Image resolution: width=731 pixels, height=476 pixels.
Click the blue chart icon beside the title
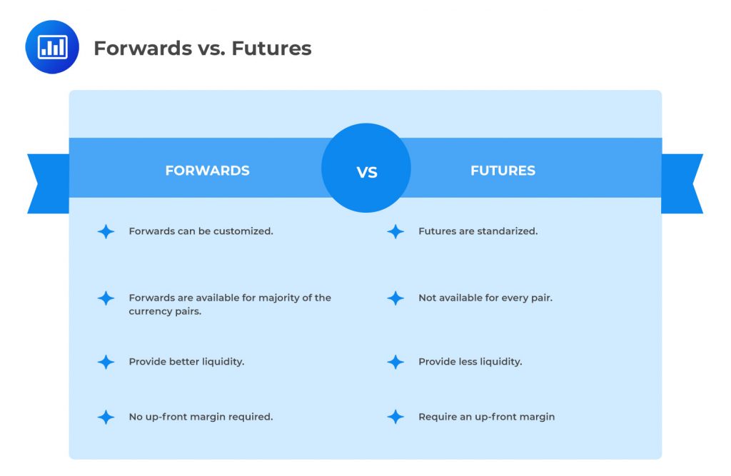pyautogui.click(x=52, y=47)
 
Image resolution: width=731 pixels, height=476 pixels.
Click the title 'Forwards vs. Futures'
pyautogui.click(x=203, y=48)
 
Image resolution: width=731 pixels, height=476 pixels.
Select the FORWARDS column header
pyautogui.click(x=207, y=171)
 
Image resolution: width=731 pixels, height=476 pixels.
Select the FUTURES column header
pyautogui.click(x=503, y=171)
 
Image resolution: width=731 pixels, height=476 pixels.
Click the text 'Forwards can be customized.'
pyautogui.click(x=201, y=231)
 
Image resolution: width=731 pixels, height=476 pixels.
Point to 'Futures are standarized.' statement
pyautogui.click(x=478, y=231)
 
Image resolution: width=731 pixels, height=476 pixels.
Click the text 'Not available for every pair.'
pyautogui.click(x=485, y=298)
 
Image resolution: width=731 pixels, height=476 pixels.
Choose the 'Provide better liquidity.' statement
pyautogui.click(x=186, y=362)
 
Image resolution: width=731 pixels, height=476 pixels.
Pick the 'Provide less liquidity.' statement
pyautogui.click(x=470, y=362)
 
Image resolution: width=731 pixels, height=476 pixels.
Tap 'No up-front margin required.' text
pyautogui.click(x=201, y=417)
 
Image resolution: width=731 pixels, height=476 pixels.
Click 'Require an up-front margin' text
pyautogui.click(x=486, y=417)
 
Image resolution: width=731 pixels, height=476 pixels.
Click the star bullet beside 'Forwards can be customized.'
pyautogui.click(x=106, y=231)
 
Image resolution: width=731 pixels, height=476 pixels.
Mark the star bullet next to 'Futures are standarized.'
pyautogui.click(x=395, y=231)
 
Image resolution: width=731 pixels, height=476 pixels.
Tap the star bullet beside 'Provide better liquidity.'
pyautogui.click(x=106, y=362)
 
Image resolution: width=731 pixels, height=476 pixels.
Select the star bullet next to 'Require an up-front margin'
pyautogui.click(x=395, y=417)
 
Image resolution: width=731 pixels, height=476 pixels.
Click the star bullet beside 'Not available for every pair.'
pyautogui.click(x=395, y=298)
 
